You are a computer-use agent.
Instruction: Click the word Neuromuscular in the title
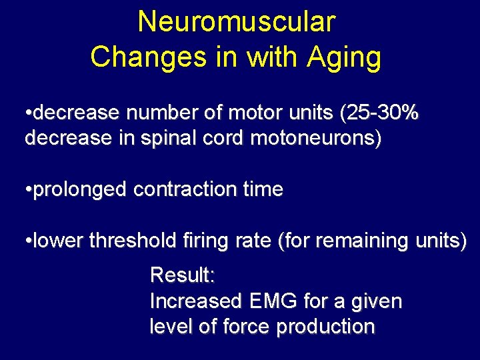[236, 22]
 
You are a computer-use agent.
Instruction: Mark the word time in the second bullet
[263, 190]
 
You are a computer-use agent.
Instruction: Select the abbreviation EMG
[272, 301]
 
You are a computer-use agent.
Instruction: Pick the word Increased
[195, 301]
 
